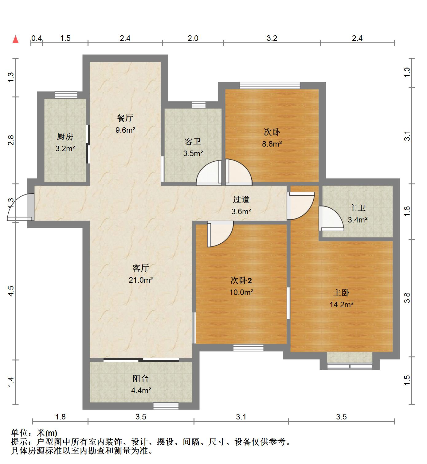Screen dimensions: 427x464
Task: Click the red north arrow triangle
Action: click(15, 39)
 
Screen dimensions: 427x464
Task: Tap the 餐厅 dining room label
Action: click(125, 118)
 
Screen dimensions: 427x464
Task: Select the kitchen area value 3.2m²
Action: click(65, 148)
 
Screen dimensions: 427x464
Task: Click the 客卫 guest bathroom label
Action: click(193, 142)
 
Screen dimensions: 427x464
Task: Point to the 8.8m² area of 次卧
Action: click(272, 144)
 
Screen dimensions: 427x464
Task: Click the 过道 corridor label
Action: click(241, 200)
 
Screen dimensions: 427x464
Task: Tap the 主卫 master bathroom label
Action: click(357, 208)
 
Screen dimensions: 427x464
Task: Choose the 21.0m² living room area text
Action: click(141, 280)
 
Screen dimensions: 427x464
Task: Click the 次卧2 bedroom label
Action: click(241, 281)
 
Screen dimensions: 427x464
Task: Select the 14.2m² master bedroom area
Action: click(341, 305)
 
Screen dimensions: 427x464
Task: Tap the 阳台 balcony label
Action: click(141, 378)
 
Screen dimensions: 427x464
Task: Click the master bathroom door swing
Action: click(331, 218)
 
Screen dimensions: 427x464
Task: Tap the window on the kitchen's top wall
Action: click(66, 95)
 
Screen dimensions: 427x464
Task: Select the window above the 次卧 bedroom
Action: click(270, 85)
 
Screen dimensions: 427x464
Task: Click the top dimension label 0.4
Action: click(37, 38)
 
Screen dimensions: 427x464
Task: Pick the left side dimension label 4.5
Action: click(11, 291)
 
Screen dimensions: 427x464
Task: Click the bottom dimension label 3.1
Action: click(241, 417)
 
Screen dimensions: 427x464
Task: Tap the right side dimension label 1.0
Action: click(407, 73)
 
